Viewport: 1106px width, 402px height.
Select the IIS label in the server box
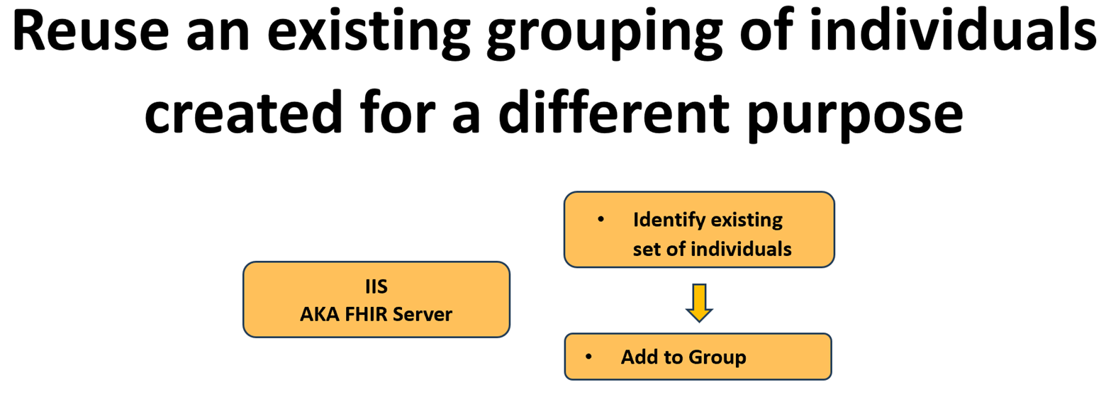pos(376,287)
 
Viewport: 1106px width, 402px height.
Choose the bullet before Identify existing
pos(601,219)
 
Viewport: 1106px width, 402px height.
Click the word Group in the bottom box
pos(719,357)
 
